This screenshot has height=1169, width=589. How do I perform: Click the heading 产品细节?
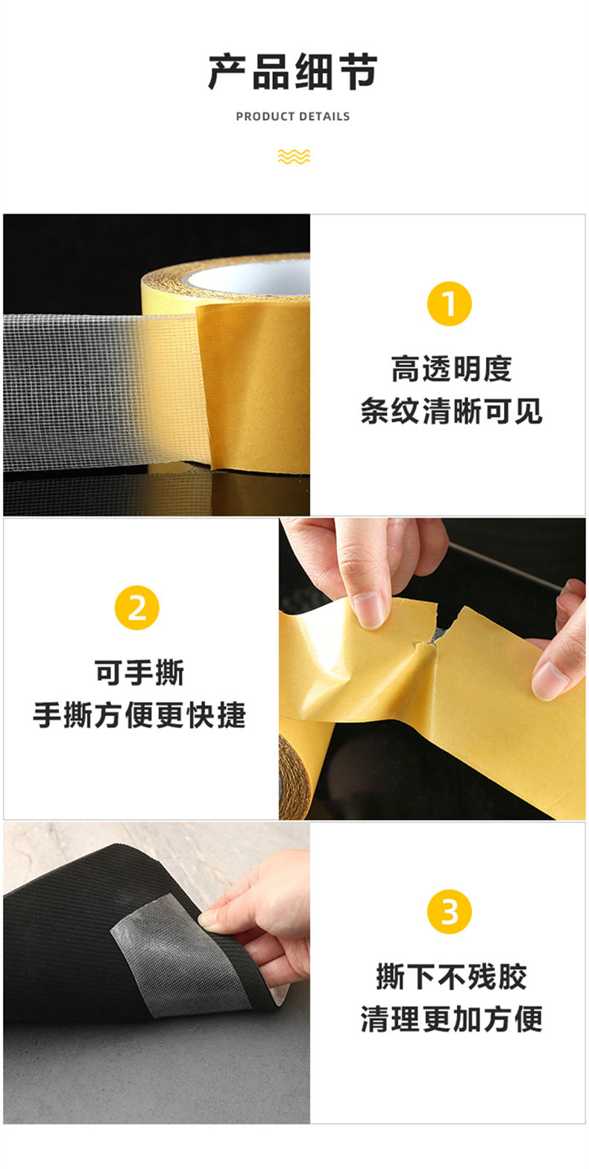click(x=293, y=72)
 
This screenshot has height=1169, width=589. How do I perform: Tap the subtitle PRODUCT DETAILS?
click(x=293, y=116)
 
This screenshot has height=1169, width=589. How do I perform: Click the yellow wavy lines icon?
click(x=293, y=156)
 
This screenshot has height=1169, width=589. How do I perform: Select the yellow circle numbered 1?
click(x=450, y=304)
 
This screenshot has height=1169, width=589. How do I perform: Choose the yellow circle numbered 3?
click(x=450, y=912)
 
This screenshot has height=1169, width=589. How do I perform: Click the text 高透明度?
click(x=451, y=369)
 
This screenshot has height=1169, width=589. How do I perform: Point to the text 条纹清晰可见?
click(x=451, y=411)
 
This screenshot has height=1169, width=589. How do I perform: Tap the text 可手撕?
click(x=139, y=673)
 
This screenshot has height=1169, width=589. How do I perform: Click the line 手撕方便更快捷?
click(x=139, y=716)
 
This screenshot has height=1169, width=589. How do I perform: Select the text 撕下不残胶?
click(x=451, y=977)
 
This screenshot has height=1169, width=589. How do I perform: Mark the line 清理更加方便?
click(x=451, y=1019)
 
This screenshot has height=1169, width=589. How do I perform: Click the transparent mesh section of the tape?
click(x=82, y=388)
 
